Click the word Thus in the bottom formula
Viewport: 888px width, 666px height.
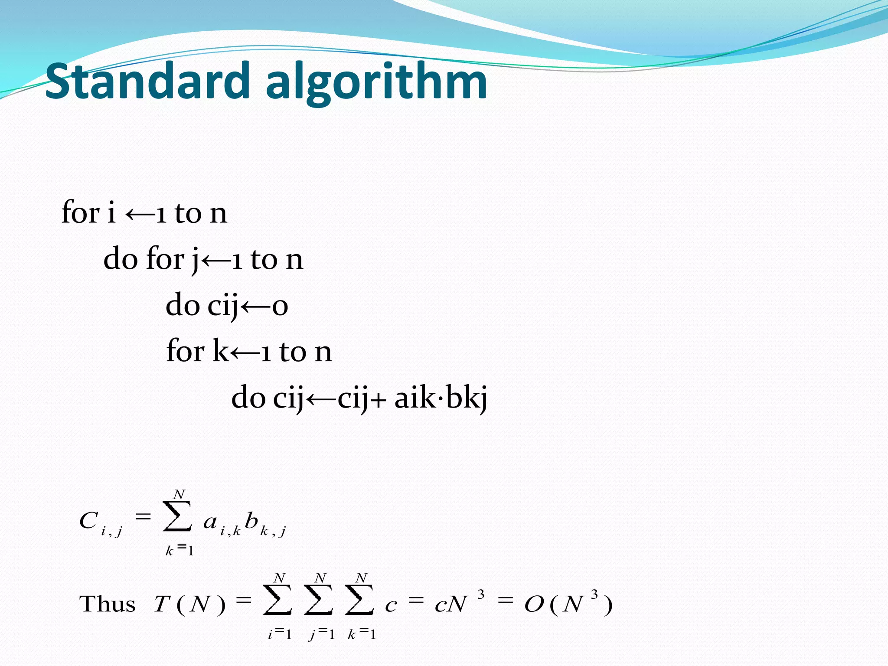click(x=107, y=604)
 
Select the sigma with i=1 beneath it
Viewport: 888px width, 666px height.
click(x=277, y=600)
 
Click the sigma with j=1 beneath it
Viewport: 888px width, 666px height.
click(x=319, y=600)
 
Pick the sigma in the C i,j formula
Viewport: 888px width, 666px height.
click(x=177, y=516)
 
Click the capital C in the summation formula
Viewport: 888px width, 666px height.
click(x=88, y=520)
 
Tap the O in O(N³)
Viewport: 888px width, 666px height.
click(x=534, y=604)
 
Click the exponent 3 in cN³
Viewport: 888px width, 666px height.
click(x=481, y=594)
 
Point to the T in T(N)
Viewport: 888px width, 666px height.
click(x=162, y=604)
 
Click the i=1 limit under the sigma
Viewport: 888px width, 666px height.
click(x=280, y=634)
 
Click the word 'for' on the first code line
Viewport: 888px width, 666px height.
click(x=81, y=212)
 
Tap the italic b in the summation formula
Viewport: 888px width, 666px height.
click(x=251, y=520)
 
